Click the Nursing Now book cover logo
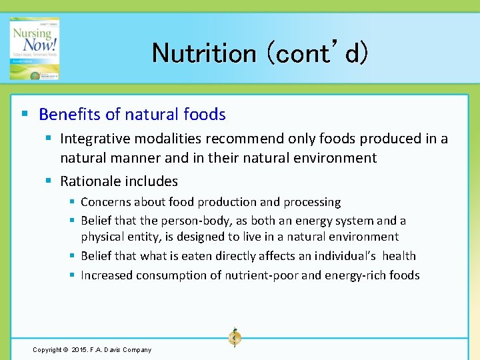click(34, 49)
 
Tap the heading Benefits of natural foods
click(132, 115)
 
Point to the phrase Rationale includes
click(119, 181)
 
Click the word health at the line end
click(399, 256)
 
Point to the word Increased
click(107, 275)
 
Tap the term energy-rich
click(357, 275)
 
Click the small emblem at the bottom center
click(234, 338)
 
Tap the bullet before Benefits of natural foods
click(25, 115)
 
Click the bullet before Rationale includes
click(50, 181)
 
